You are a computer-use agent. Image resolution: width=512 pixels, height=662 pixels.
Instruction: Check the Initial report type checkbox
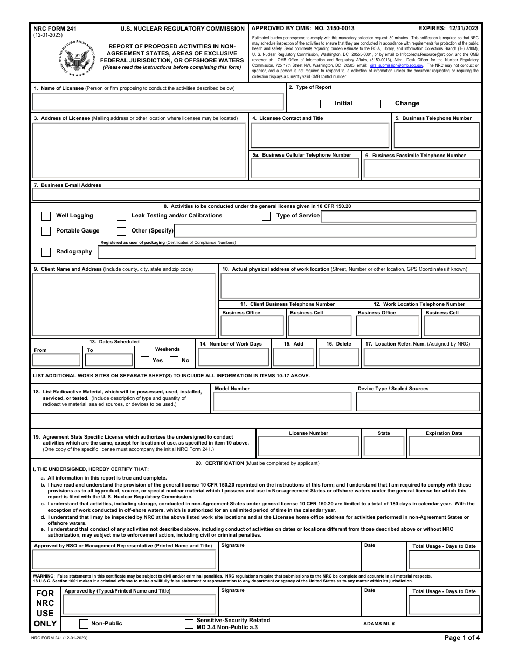tap(324, 103)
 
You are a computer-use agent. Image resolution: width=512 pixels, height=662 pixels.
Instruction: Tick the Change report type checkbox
tap(385, 103)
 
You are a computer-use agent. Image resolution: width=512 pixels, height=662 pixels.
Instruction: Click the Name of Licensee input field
tap(158, 102)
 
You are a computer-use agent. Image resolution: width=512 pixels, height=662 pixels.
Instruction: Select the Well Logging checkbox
tap(46, 216)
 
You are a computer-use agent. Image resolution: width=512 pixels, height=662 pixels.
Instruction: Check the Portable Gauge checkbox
tap(46, 231)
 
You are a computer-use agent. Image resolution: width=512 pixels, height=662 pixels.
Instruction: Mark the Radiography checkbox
tap(46, 252)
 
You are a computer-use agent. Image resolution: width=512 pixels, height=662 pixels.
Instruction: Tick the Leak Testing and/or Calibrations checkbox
tap(122, 216)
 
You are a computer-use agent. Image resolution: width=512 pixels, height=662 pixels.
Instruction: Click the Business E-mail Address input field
tap(256, 195)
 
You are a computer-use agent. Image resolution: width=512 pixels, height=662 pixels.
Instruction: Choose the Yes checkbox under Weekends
tap(145, 361)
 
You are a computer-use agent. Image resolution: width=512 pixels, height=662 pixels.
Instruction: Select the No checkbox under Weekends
tap(174, 361)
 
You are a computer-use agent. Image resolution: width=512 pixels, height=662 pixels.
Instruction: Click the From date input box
tap(57, 360)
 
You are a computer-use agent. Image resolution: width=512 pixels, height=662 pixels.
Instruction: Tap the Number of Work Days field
tap(233, 357)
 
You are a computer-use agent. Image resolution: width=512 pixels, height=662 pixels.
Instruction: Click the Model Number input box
tap(282, 402)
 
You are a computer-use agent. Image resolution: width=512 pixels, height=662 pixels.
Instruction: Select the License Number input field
tap(308, 446)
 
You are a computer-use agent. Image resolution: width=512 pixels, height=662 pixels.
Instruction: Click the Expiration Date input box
tap(444, 446)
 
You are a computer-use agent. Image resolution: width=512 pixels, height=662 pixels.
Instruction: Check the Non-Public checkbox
tap(84, 624)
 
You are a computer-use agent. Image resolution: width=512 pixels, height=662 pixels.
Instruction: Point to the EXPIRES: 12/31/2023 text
tap(448, 27)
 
